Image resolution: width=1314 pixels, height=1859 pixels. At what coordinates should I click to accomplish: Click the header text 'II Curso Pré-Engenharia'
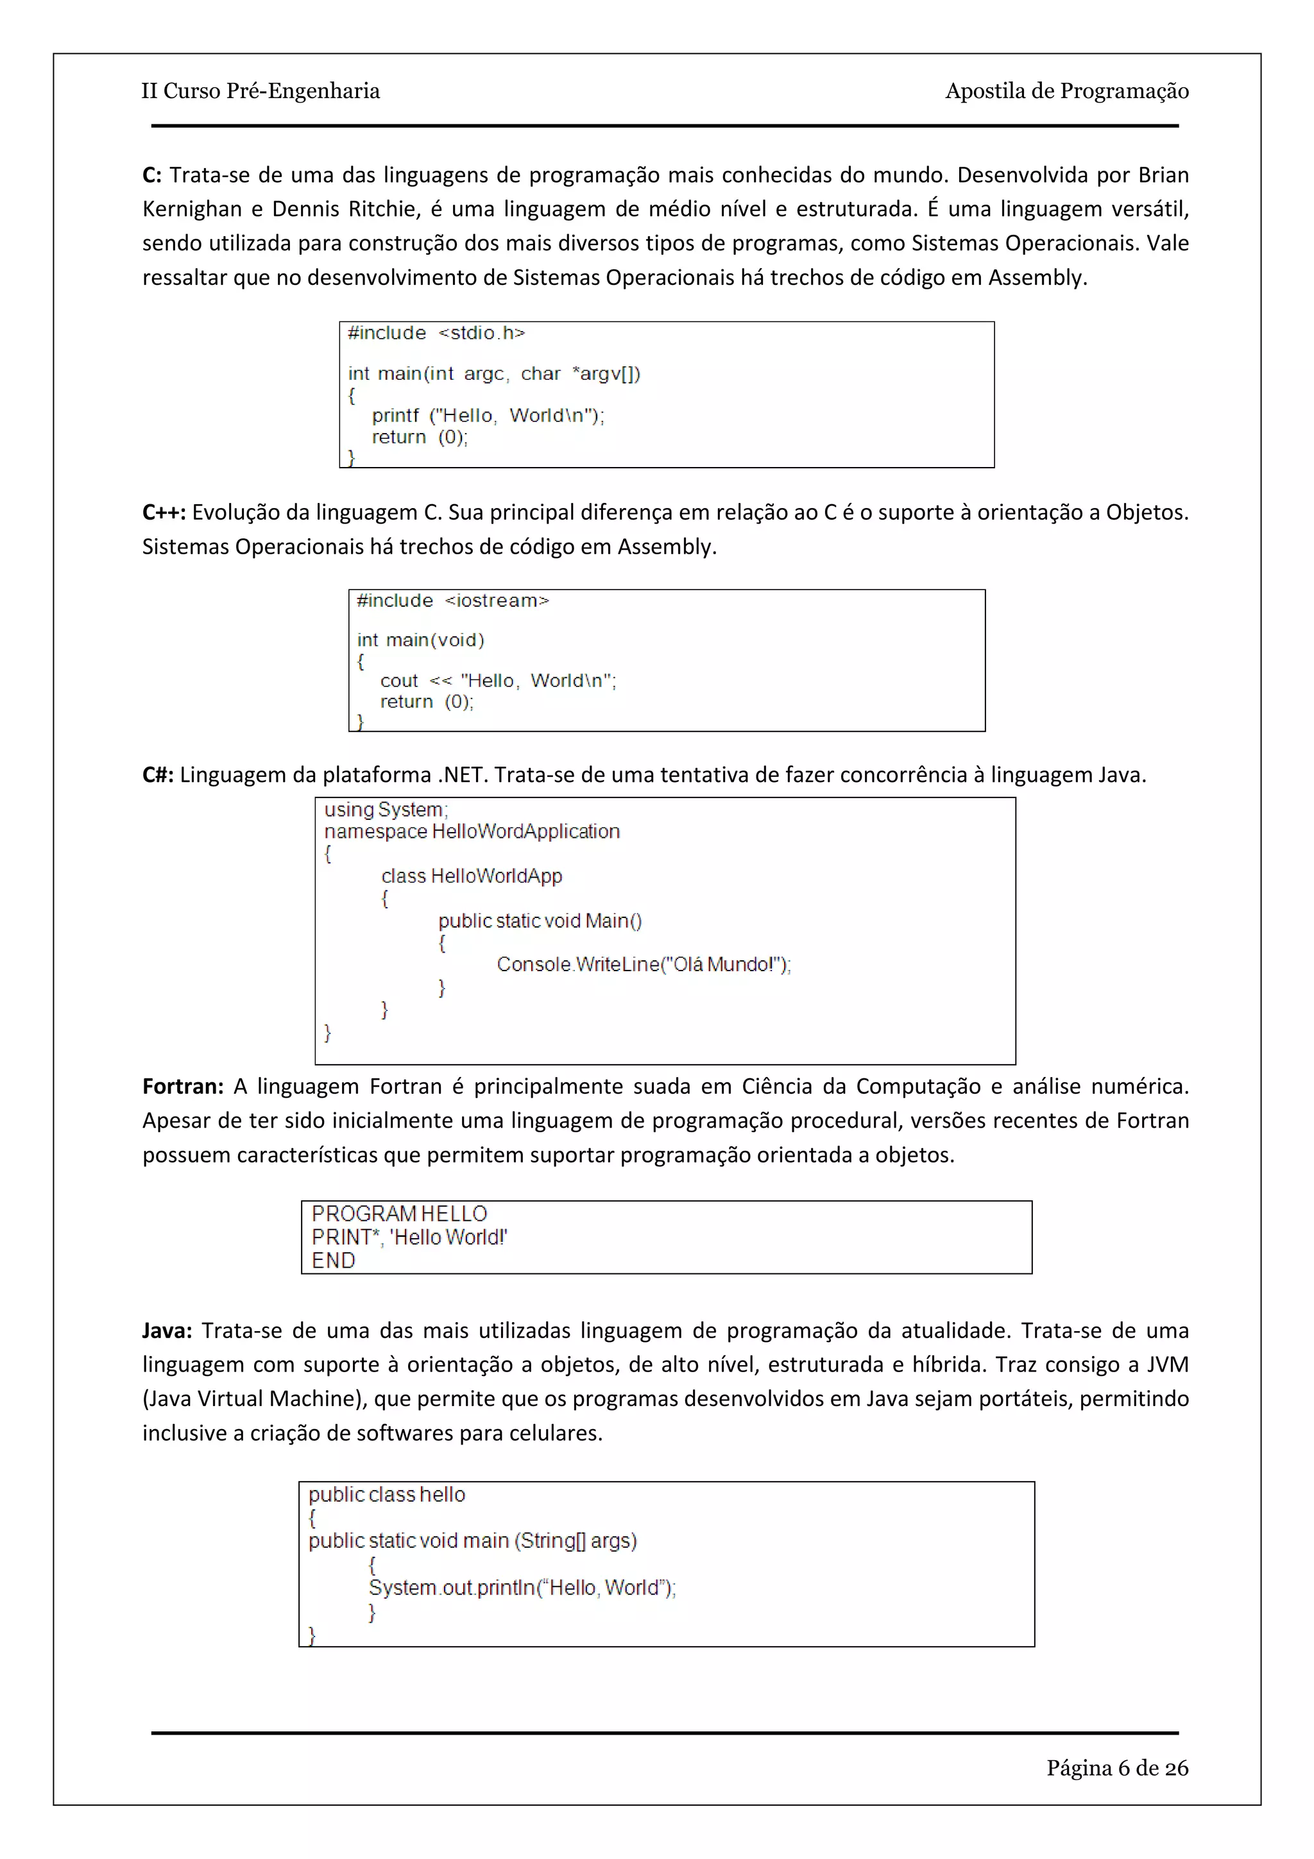[x=260, y=90]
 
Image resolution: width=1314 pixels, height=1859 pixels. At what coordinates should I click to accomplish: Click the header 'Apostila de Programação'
[x=1066, y=90]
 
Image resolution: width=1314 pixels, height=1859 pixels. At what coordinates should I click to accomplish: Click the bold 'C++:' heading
[x=164, y=513]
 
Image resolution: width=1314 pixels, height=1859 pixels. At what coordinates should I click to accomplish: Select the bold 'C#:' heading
[x=158, y=775]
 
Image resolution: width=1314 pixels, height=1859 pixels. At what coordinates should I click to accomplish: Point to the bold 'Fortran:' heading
[x=183, y=1087]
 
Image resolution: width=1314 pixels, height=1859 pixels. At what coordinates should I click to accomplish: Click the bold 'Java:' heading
[x=167, y=1331]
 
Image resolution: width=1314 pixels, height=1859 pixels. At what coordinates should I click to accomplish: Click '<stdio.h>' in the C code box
[x=482, y=333]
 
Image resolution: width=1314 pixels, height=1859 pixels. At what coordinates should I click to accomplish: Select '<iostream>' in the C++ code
[x=497, y=601]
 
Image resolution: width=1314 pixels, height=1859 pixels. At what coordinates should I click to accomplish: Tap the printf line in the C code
[x=488, y=416]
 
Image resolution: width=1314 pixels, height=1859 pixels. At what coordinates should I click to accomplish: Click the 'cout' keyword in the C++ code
[x=399, y=681]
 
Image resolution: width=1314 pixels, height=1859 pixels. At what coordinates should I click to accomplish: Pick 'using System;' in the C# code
[x=386, y=810]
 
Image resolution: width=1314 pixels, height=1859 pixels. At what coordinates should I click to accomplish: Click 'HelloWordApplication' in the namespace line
[x=525, y=831]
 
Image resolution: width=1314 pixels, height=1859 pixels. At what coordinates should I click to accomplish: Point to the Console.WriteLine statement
[x=643, y=964]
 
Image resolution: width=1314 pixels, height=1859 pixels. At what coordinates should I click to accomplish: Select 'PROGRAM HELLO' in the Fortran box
[x=399, y=1214]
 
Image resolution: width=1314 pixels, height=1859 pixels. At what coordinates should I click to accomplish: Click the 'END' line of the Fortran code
[x=333, y=1261]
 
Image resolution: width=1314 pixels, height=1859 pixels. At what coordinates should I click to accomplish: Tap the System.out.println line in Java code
[x=522, y=1588]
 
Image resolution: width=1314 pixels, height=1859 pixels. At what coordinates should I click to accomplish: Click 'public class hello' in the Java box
[x=386, y=1495]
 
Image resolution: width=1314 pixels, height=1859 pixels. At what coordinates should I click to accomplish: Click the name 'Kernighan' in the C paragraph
[x=192, y=210]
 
